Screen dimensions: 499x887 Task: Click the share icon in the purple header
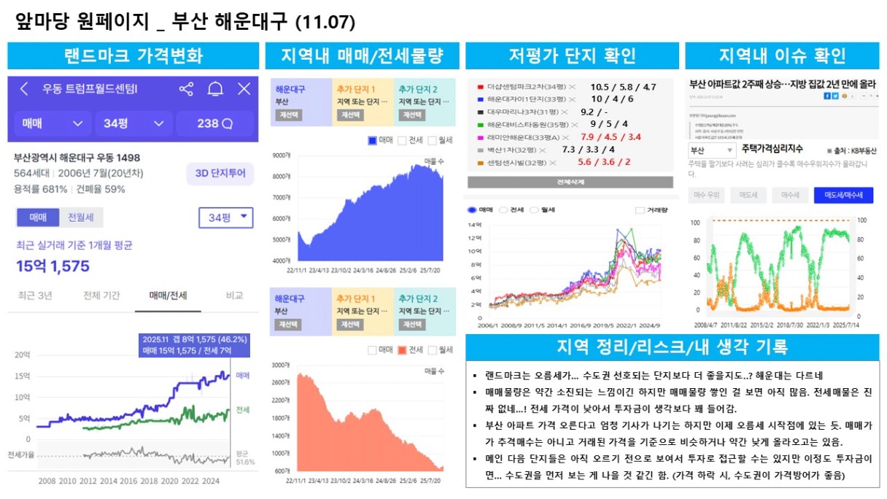point(186,89)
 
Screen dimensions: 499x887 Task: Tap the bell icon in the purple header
point(215,89)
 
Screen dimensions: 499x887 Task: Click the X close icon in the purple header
point(244,89)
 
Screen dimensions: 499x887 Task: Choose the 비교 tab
point(234,295)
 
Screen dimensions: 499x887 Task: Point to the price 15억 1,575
point(53,266)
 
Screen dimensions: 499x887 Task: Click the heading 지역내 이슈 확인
point(782,55)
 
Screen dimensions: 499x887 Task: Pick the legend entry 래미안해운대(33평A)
point(519,136)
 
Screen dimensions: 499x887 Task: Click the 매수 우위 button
point(705,195)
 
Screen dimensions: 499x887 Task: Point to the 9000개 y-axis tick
point(282,155)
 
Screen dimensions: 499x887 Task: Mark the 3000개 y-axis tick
point(282,365)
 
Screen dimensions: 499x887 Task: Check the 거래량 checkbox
point(640,210)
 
